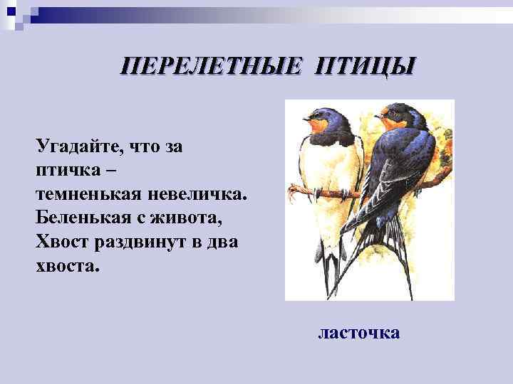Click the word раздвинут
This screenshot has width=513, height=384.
(x=142, y=240)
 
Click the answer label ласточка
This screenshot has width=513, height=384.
(x=359, y=333)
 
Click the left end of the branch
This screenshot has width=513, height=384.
(x=293, y=188)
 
